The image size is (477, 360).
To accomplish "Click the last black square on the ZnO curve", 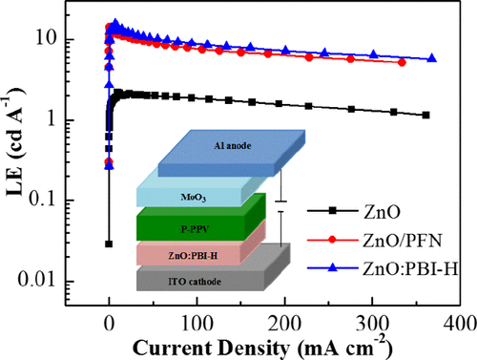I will pos(425,115).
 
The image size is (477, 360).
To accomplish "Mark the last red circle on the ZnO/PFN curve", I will pos(402,62).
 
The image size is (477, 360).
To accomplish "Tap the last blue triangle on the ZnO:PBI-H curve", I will pos(432,58).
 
